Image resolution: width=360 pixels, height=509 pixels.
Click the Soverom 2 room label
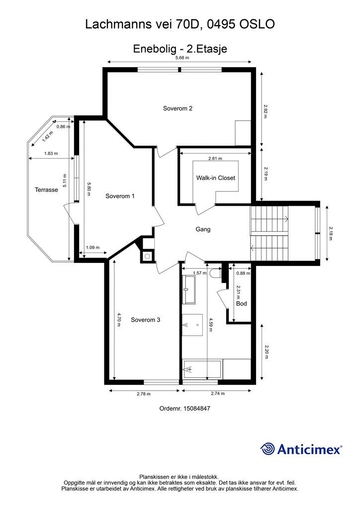pos(178,108)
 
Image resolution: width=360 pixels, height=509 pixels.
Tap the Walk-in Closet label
pos(215,178)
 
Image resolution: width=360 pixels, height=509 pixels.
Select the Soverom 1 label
pos(120,196)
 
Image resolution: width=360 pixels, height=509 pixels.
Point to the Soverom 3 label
pos(145,320)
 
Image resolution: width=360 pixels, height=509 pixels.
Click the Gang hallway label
pos(203,229)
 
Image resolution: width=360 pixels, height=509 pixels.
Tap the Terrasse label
pos(46,190)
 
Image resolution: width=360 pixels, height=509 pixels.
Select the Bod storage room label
pos(242,304)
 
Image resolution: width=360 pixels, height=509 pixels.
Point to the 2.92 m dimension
pos(265,111)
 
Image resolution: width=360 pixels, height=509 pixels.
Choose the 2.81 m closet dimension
pos(215,159)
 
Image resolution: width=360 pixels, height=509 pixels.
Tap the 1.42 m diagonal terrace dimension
pos(47,136)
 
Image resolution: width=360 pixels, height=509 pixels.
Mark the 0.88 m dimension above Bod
pos(243,273)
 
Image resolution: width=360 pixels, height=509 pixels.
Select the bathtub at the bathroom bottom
pos(202,369)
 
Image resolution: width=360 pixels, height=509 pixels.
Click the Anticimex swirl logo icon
pos(268,449)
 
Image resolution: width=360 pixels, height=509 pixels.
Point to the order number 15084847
pos(197,409)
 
